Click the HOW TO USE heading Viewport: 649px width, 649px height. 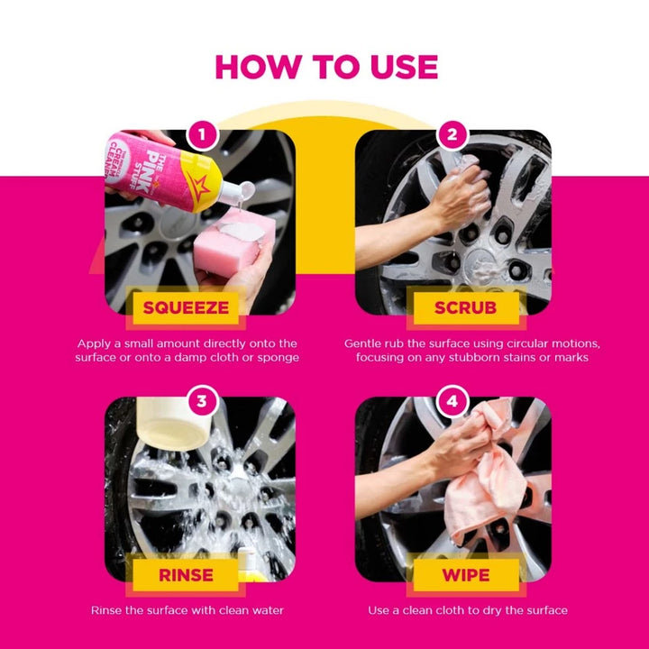[x=326, y=67]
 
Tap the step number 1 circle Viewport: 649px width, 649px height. [x=202, y=134]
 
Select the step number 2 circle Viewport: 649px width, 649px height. [x=452, y=134]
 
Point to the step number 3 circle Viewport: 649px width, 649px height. [x=202, y=401]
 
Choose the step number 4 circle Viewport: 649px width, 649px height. [x=452, y=401]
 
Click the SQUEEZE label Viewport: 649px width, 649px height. [x=186, y=308]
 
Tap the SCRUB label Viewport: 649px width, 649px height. [x=466, y=308]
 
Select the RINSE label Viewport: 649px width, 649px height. [x=186, y=575]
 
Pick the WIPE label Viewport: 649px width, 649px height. [x=466, y=575]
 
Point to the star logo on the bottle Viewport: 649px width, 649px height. [x=197, y=187]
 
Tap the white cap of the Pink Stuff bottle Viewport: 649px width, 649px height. [x=236, y=193]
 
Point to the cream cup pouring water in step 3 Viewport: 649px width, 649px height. [x=173, y=423]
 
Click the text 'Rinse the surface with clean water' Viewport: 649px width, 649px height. [x=187, y=610]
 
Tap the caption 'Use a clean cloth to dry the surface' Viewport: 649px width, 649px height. [x=468, y=610]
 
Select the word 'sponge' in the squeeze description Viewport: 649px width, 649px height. [x=279, y=358]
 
